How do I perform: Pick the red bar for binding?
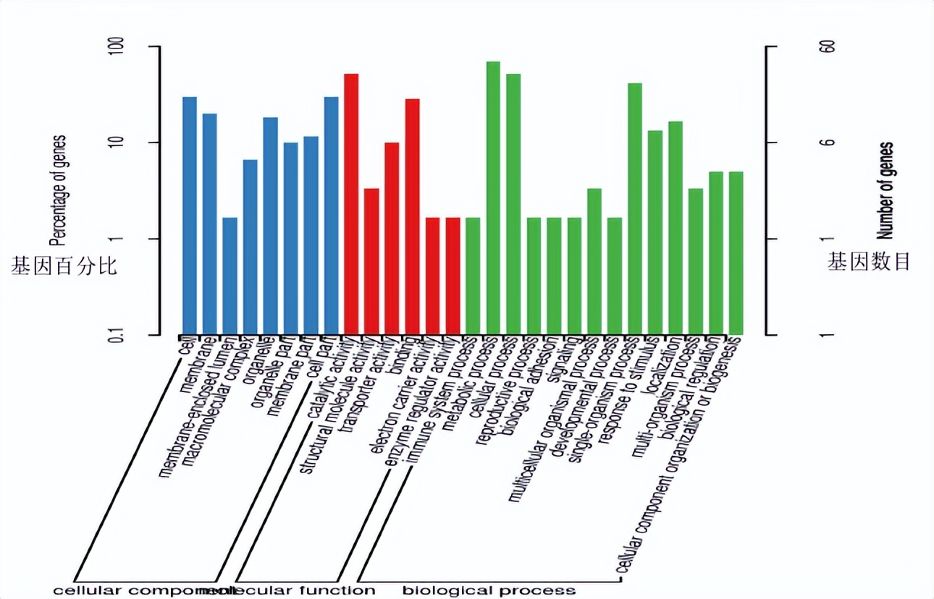[412, 216]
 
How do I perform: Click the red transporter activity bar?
[392, 238]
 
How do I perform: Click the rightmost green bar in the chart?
[736, 252]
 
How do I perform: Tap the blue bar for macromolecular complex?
[250, 247]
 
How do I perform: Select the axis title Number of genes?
[885, 190]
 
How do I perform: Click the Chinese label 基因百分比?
[64, 265]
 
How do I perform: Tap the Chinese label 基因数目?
[869, 262]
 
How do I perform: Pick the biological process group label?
[489, 590]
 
